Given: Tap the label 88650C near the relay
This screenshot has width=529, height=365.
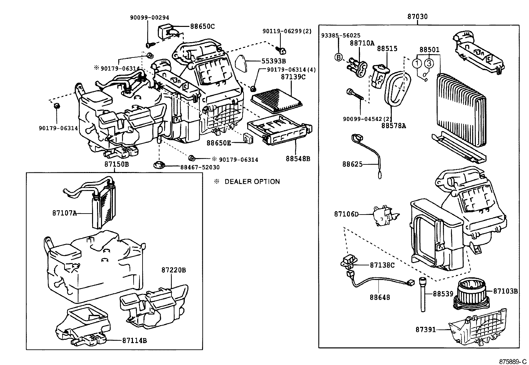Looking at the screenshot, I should coord(202,26).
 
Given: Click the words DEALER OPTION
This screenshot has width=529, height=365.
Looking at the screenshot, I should coord(252,182).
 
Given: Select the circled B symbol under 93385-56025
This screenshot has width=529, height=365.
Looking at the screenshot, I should coord(338,57).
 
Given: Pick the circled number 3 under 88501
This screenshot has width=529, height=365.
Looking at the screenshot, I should coord(429,63).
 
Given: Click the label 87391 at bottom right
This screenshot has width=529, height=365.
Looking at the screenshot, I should coord(425,330).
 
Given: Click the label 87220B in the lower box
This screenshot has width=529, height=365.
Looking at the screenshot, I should coord(173,270).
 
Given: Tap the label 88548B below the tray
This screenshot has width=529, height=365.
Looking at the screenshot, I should coord(298,159).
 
